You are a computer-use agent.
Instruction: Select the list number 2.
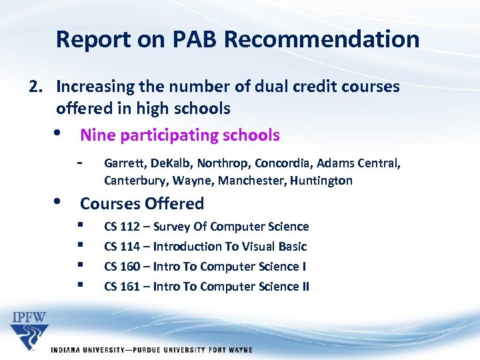pyautogui.click(x=35, y=87)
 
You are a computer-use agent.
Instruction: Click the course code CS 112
pyautogui.click(x=122, y=227)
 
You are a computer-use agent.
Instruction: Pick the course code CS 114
pyautogui.click(x=122, y=247)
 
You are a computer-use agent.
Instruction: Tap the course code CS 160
pyautogui.click(x=122, y=267)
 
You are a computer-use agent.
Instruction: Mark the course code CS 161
pyautogui.click(x=122, y=287)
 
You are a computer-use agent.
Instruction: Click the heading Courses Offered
pyautogui.click(x=142, y=203)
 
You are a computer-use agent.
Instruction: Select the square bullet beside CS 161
pyautogui.click(x=80, y=285)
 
